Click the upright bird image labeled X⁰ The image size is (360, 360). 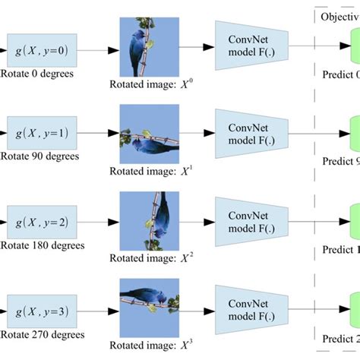149,46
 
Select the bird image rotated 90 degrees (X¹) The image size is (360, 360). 149,133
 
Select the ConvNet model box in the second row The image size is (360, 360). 249,134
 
